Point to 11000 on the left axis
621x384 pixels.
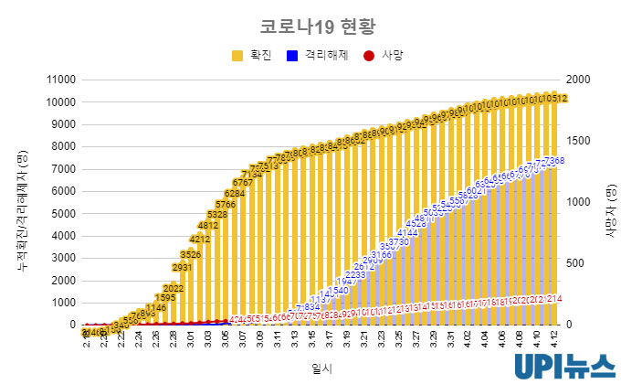tap(59, 80)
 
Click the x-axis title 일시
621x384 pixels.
tap(321, 368)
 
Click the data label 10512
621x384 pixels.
tap(555, 98)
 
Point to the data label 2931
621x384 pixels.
tap(182, 268)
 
